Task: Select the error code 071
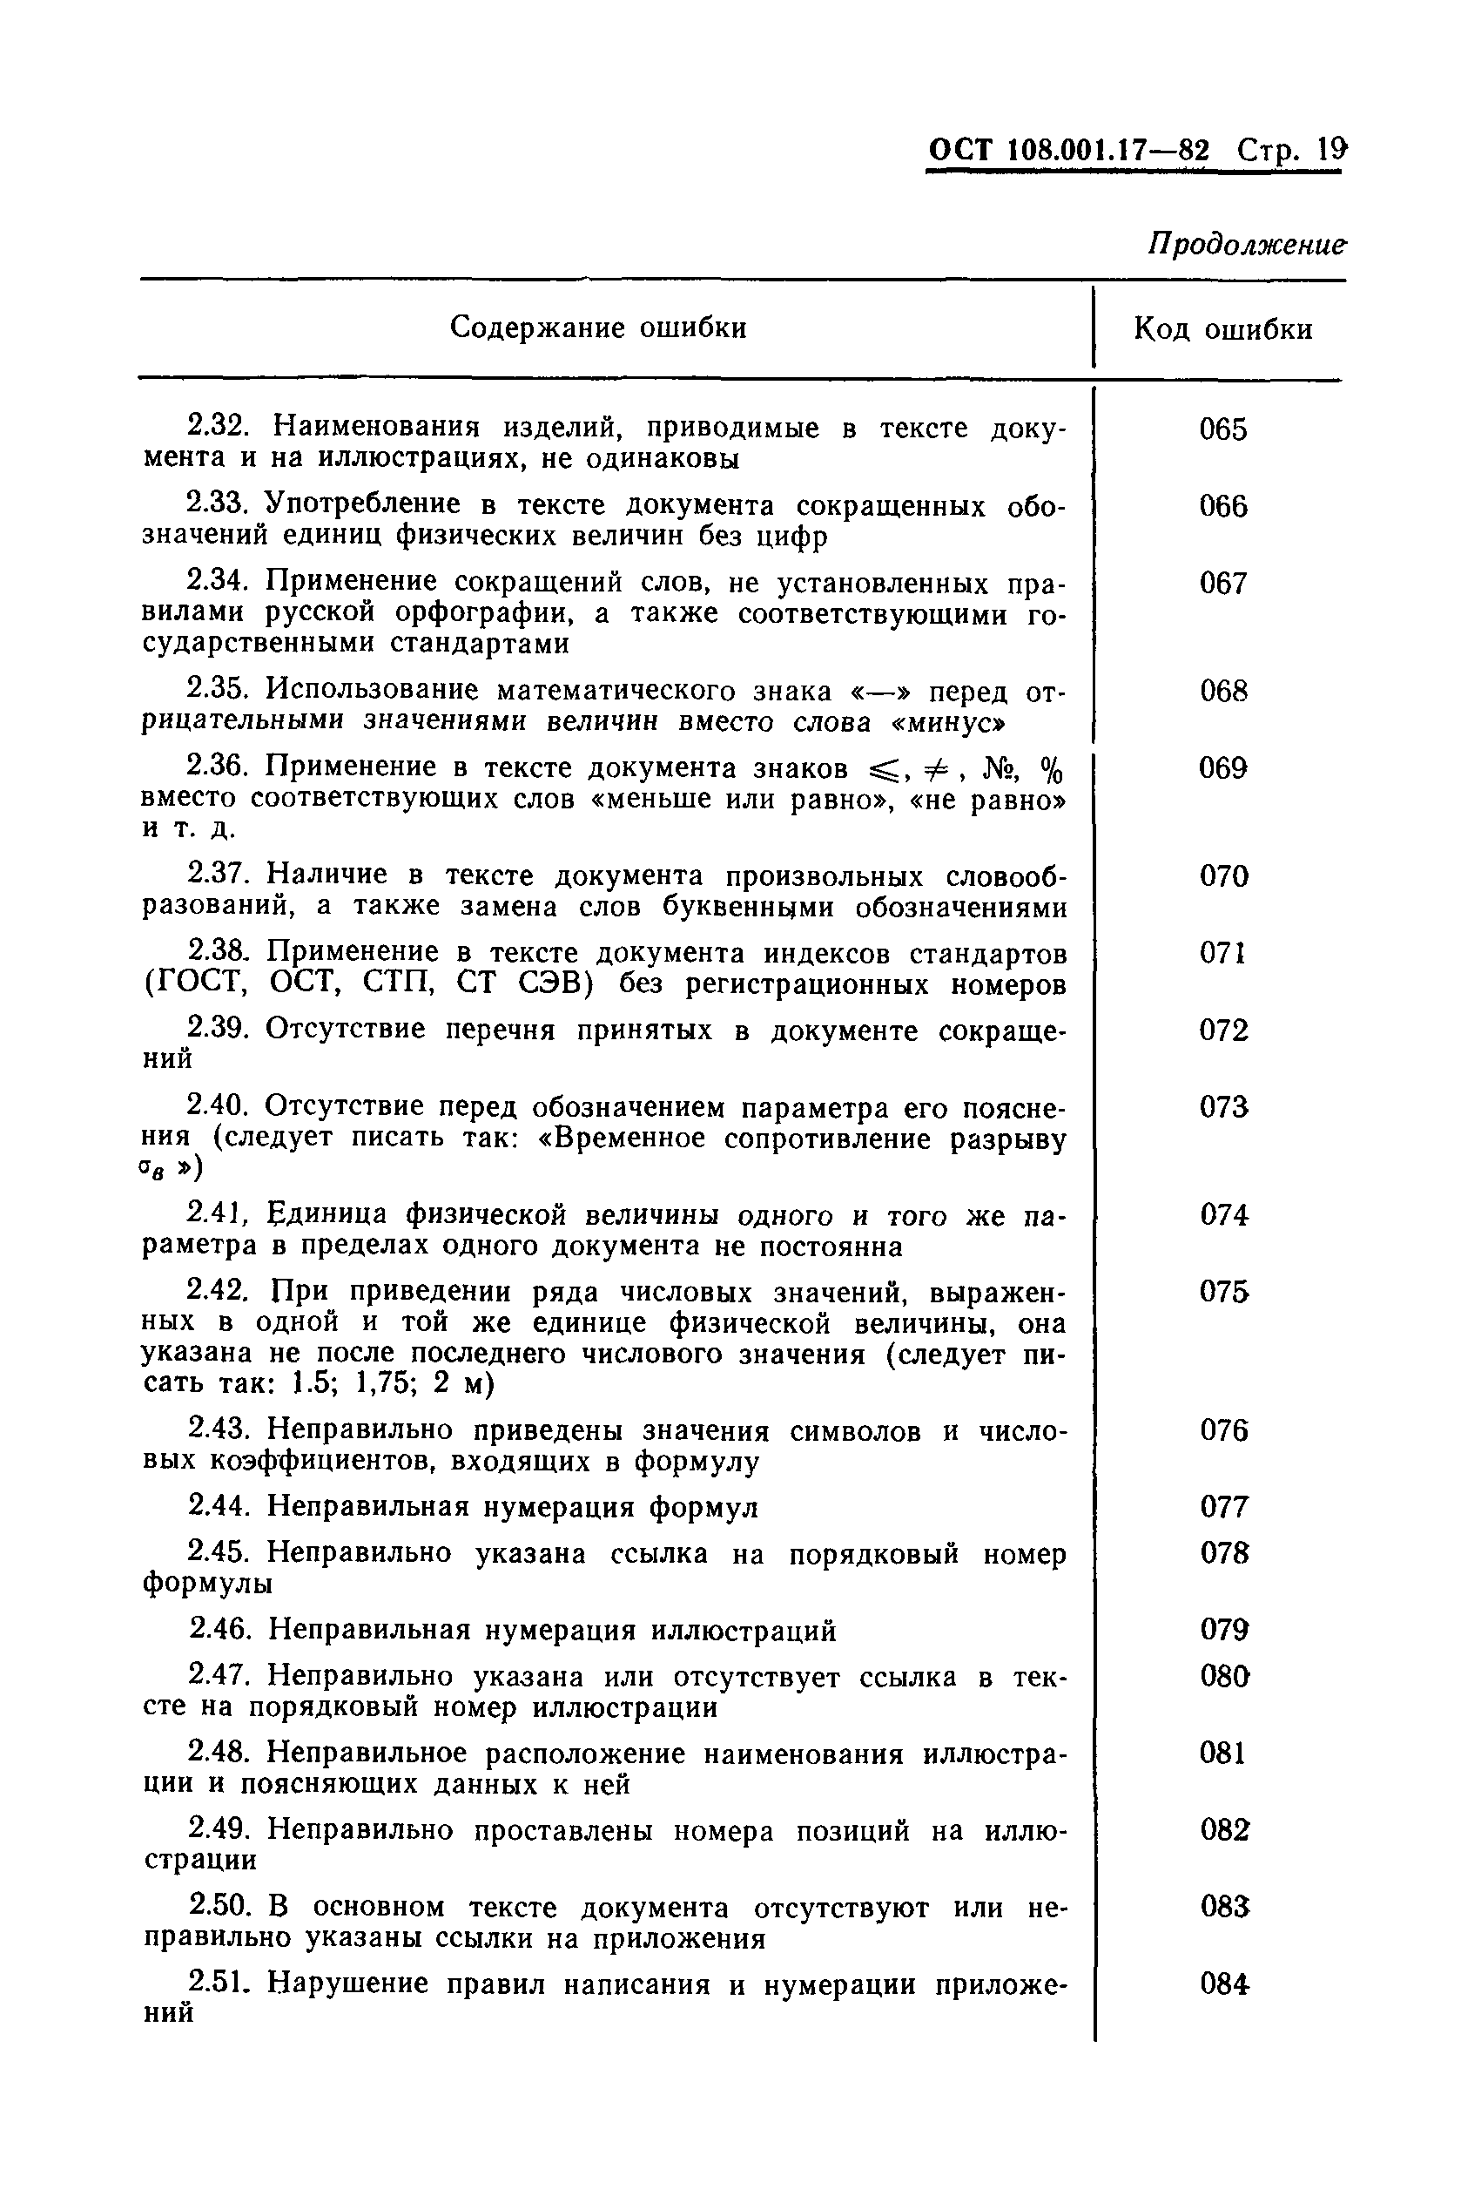[x=1223, y=953]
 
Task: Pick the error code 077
[x=1224, y=1507]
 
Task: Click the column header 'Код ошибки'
[x=1222, y=329]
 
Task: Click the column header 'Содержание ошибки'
[x=598, y=328]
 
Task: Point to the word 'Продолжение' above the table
[x=1246, y=245]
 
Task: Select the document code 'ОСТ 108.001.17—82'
[x=1068, y=152]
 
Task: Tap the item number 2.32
[x=219, y=427]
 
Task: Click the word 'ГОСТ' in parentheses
[x=196, y=984]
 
